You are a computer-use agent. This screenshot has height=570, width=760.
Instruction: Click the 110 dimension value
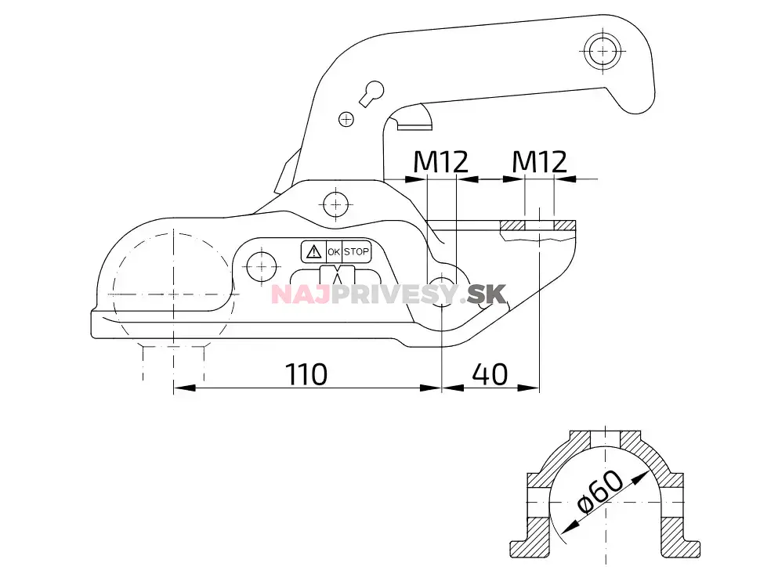tap(306, 374)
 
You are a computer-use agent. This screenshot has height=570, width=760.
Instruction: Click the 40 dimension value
tap(490, 374)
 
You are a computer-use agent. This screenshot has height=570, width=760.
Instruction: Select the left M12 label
tap(440, 162)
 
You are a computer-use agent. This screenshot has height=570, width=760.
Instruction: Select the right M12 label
tap(539, 162)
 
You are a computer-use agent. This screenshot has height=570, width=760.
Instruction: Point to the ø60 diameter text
tap(599, 491)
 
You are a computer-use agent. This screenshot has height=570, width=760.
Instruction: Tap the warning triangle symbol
tap(313, 251)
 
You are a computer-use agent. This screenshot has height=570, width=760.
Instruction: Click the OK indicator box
tap(334, 251)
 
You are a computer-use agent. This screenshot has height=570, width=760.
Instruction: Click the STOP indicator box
tap(356, 251)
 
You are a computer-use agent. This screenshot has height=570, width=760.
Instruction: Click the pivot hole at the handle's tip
tap(602, 49)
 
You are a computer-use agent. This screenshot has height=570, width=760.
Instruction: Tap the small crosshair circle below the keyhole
tap(346, 119)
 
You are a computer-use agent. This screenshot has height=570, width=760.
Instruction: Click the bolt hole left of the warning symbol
tap(259, 265)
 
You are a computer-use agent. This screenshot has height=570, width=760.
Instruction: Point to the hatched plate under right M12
tap(539, 225)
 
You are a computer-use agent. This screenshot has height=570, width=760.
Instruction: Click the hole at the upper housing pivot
tap(336, 204)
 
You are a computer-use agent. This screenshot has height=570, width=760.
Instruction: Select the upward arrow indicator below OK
tap(338, 276)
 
